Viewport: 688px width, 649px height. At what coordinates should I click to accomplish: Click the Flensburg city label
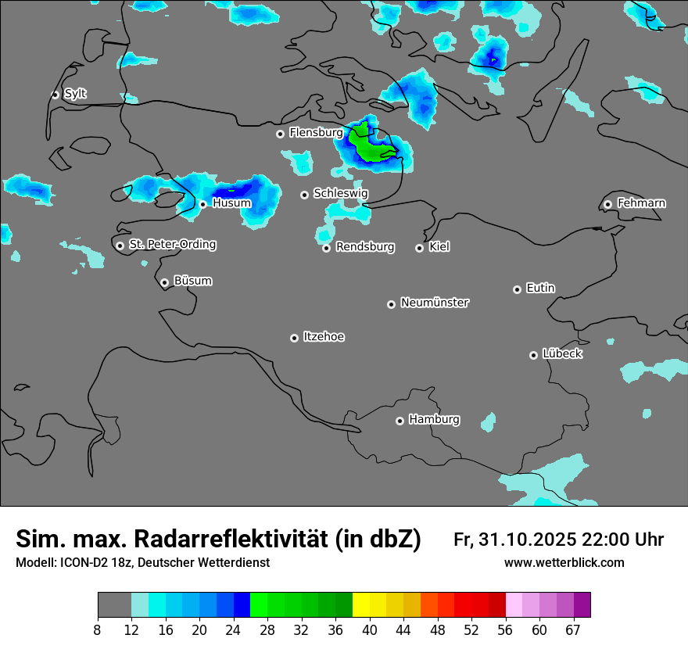click(316, 133)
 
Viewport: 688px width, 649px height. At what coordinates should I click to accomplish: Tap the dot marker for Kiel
click(419, 248)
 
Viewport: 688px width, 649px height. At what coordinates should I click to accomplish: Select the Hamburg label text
click(434, 419)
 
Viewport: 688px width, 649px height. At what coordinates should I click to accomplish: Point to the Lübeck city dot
click(533, 355)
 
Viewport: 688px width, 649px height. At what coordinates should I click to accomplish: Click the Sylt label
click(75, 94)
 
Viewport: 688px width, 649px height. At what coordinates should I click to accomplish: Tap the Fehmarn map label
click(641, 203)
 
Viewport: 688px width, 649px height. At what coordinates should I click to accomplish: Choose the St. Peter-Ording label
click(172, 245)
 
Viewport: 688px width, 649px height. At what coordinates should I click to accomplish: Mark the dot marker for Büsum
click(164, 282)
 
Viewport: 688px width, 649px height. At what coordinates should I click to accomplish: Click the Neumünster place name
click(435, 303)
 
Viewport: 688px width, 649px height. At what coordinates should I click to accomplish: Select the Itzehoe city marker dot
click(294, 338)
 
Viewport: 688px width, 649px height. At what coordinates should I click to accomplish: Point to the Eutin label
click(540, 288)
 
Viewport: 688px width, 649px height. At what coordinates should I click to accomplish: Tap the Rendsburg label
click(365, 247)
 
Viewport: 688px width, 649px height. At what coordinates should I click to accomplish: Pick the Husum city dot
click(202, 204)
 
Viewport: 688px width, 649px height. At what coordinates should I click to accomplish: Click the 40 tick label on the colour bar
click(370, 630)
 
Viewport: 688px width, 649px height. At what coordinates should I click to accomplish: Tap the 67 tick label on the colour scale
click(573, 630)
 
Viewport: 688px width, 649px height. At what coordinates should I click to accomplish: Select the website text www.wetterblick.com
click(564, 563)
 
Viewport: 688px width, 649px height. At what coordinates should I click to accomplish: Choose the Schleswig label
click(340, 193)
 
